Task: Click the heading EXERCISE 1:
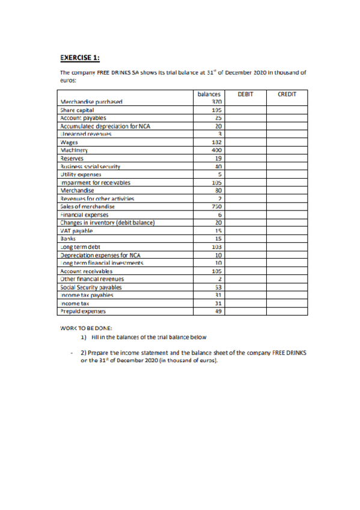(x=80, y=58)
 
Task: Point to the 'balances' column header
(x=209, y=94)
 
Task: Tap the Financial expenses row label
(x=82, y=214)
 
